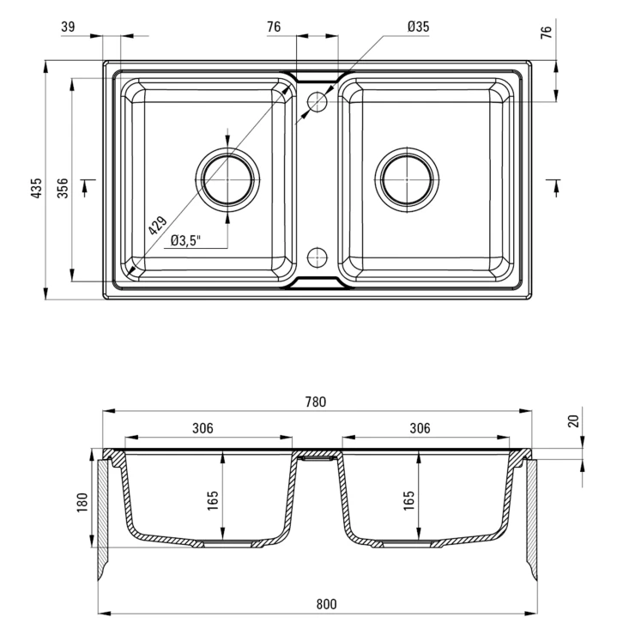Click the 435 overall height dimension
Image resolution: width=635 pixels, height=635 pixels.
click(37, 188)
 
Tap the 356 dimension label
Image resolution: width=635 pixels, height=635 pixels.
click(63, 188)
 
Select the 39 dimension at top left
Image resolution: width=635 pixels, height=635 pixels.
click(68, 27)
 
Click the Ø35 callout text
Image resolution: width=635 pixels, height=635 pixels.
click(419, 27)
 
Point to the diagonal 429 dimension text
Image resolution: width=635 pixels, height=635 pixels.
click(158, 226)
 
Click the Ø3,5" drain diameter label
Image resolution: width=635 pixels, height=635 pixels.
click(186, 240)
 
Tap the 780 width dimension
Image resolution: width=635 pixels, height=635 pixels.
click(316, 402)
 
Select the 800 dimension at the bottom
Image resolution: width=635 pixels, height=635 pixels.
click(326, 604)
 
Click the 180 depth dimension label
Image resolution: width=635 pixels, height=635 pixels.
click(82, 502)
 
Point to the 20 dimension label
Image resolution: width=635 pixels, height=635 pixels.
click(574, 421)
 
